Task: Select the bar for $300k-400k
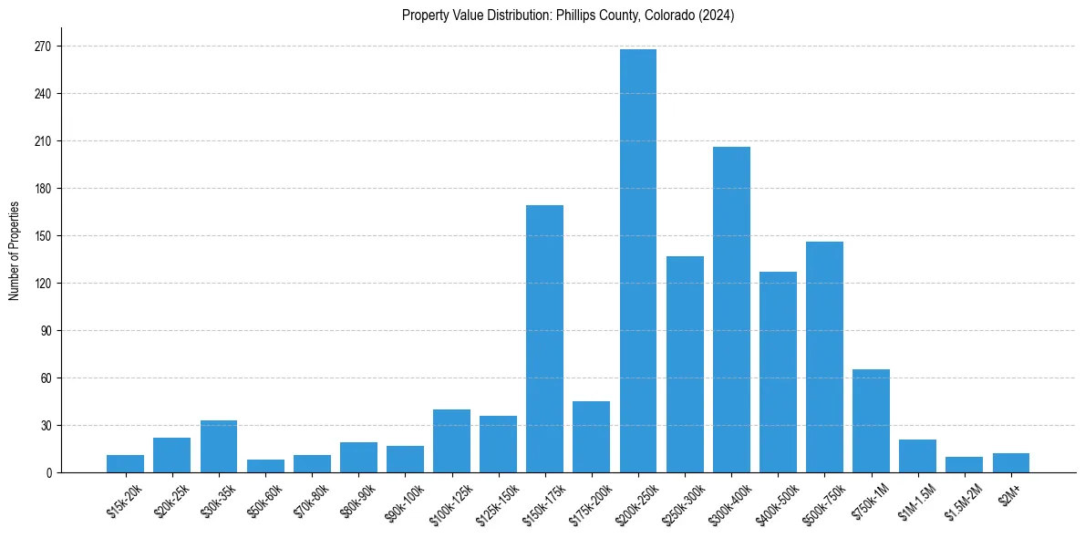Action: tap(731, 310)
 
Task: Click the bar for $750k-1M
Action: tap(871, 421)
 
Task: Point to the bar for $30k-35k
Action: tap(218, 447)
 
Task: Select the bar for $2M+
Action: tap(1010, 463)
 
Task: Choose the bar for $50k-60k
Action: tap(265, 466)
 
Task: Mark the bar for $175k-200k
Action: tap(591, 437)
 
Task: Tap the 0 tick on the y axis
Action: tap(48, 473)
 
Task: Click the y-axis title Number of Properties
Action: tap(14, 250)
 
